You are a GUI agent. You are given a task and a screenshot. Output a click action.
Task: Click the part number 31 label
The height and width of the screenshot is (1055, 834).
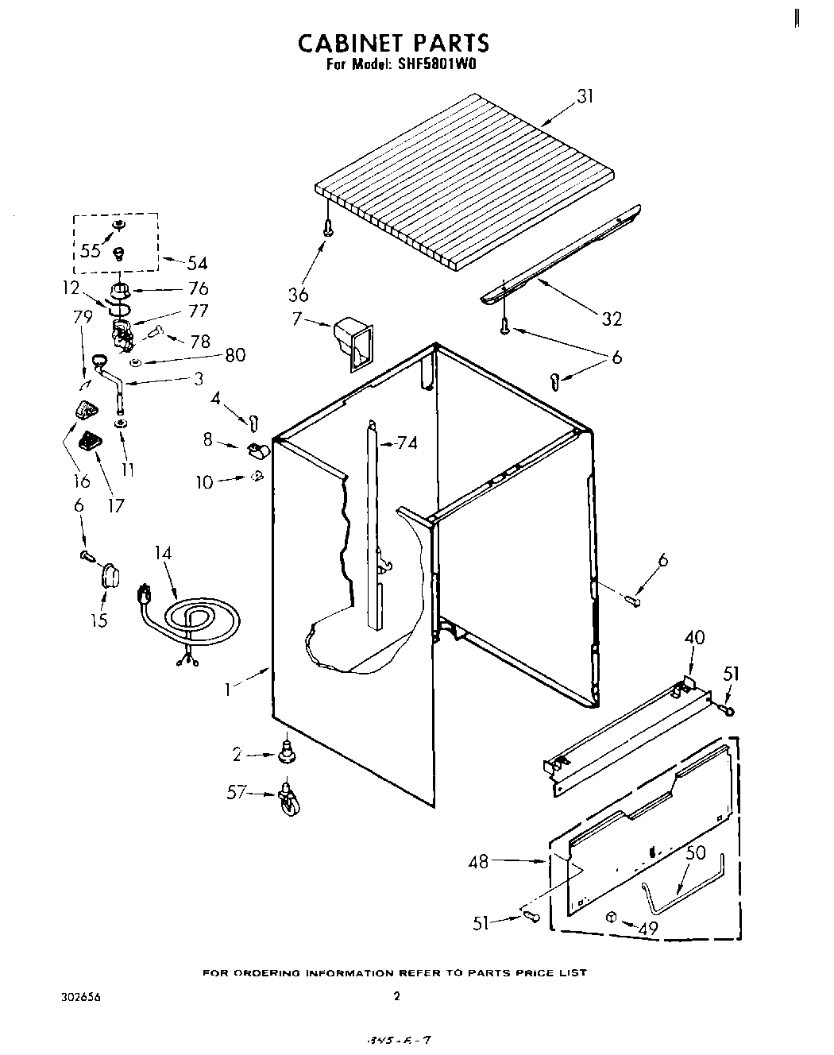pyautogui.click(x=585, y=97)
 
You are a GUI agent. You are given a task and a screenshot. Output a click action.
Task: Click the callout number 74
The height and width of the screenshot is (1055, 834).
pyautogui.click(x=407, y=443)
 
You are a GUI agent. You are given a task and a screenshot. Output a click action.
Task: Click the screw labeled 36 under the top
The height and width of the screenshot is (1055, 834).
pyautogui.click(x=327, y=227)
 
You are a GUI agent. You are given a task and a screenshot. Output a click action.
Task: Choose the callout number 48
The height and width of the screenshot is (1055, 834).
pyautogui.click(x=479, y=860)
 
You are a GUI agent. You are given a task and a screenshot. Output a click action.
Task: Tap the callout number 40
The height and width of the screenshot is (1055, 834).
pyautogui.click(x=693, y=637)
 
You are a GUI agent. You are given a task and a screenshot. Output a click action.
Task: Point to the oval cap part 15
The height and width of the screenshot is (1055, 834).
pyautogui.click(x=109, y=574)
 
